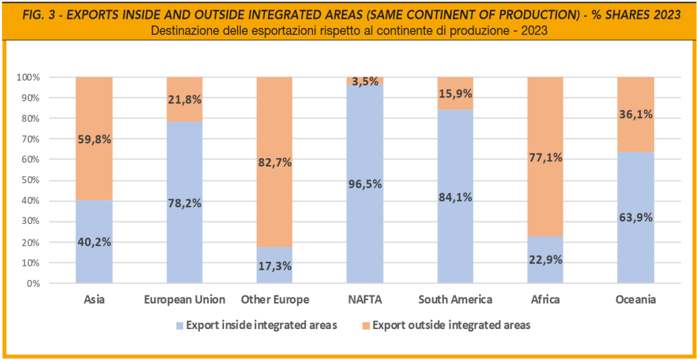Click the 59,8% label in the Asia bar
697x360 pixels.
[94, 139]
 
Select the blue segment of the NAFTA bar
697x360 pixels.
[365, 184]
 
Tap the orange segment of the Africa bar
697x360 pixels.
[545, 156]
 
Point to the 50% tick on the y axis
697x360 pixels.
[33, 181]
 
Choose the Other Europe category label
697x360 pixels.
[275, 299]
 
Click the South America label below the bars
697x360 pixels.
[455, 299]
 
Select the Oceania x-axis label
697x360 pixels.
[636, 299]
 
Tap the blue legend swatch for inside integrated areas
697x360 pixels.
[179, 325]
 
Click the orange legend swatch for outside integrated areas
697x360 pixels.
[366, 325]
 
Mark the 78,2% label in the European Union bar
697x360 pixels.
[185, 203]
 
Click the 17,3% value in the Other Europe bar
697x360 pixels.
[275, 266]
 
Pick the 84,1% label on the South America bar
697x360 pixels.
[455, 197]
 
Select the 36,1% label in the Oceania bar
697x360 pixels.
[636, 114]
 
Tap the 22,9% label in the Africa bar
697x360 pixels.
[545, 260]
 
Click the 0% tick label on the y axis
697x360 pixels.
[34, 283]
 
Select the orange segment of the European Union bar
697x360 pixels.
[185, 99]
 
